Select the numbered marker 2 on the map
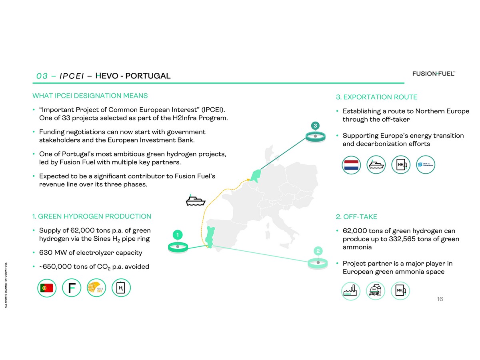pyautogui.click(x=318, y=251)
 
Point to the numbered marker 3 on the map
pyautogui.click(x=315, y=126)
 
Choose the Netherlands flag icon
pyautogui.click(x=352, y=165)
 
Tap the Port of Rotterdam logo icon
pyautogui.click(x=425, y=165)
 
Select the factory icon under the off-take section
pyautogui.click(x=351, y=291)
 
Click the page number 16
pyautogui.click(x=440, y=299)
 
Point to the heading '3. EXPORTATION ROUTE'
pyautogui.click(x=376, y=97)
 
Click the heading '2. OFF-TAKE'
pyautogui.click(x=356, y=217)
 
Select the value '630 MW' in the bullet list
pyautogui.click(x=52, y=253)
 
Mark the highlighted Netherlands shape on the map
pyautogui.click(x=255, y=174)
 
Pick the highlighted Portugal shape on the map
pyautogui.click(x=209, y=236)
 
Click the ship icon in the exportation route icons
pyautogui.click(x=376, y=165)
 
